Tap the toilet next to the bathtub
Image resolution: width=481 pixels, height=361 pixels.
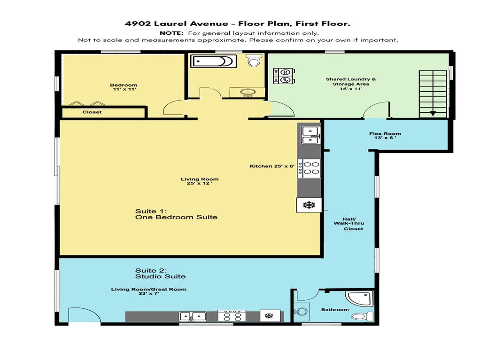[254, 60]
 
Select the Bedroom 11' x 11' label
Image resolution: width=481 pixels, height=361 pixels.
[124, 87]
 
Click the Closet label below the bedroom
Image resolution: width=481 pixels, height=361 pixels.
[92, 112]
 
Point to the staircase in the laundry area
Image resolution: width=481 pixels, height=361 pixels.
[432, 93]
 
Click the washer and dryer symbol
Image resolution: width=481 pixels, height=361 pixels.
[284, 76]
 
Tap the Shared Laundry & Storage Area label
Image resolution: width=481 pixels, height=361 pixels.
[350, 82]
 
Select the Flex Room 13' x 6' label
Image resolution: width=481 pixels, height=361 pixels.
[385, 136]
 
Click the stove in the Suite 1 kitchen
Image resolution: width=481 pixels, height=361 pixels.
[310, 168]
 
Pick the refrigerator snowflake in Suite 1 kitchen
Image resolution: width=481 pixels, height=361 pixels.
[309, 205]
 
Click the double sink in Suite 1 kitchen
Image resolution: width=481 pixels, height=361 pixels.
[310, 135]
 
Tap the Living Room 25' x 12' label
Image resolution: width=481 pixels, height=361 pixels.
[199, 181]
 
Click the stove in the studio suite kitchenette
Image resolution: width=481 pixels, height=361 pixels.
[232, 316]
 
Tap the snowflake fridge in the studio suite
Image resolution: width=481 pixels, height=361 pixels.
[269, 316]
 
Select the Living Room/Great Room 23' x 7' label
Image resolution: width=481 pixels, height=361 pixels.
[148, 291]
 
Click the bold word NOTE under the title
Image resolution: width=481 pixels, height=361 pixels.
[172, 33]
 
